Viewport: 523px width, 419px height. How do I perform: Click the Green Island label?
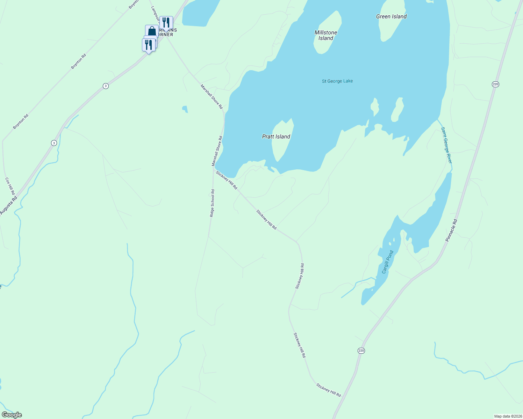pyautogui.click(x=391, y=16)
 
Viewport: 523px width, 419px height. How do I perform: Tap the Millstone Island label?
pyautogui.click(x=326, y=35)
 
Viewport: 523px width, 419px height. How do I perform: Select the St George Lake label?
pyautogui.click(x=337, y=81)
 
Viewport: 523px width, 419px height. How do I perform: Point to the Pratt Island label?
pyautogui.click(x=276, y=137)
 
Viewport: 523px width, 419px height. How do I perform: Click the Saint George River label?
pyautogui.click(x=446, y=145)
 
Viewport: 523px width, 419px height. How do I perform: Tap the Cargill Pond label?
pyautogui.click(x=388, y=262)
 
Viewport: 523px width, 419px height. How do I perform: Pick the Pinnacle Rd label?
pyautogui.click(x=451, y=230)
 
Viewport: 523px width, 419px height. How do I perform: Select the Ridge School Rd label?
pyautogui.click(x=212, y=203)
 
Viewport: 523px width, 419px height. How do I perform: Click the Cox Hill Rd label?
pyautogui.click(x=10, y=186)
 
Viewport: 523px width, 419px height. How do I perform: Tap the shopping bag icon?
pyautogui.click(x=152, y=31)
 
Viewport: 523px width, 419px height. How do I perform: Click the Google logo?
pyautogui.click(x=12, y=415)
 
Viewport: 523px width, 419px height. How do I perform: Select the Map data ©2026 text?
pyautogui.click(x=507, y=416)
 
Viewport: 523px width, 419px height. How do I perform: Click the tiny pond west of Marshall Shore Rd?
pyautogui.click(x=185, y=109)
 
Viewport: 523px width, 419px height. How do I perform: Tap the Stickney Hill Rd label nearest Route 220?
pyautogui.click(x=329, y=390)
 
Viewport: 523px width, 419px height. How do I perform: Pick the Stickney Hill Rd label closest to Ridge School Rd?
pyautogui.click(x=227, y=180)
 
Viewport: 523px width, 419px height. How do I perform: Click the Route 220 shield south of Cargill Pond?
pyautogui.click(x=361, y=351)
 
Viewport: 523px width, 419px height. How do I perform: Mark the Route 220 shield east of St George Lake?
pyautogui.click(x=495, y=84)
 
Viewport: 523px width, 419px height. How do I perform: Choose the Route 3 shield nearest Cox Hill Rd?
pyautogui.click(x=54, y=143)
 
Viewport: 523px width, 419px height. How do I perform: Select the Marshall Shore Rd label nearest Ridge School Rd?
pyautogui.click(x=217, y=151)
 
